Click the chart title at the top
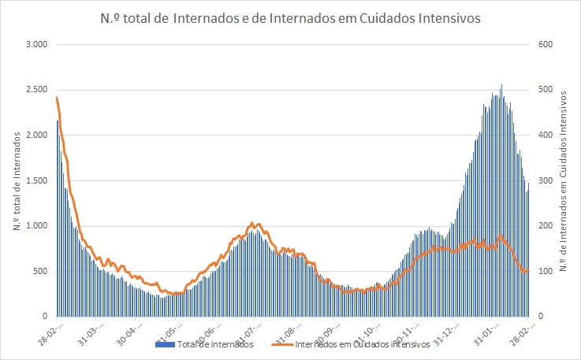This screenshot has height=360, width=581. pyautogui.click(x=289, y=20)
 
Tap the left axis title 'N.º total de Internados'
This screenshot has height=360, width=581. pyautogui.click(x=17, y=180)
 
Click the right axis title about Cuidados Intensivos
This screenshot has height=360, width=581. pyautogui.click(x=563, y=180)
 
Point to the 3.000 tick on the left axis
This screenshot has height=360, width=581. pyautogui.click(x=37, y=44)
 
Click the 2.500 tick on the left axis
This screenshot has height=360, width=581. pyautogui.click(x=37, y=90)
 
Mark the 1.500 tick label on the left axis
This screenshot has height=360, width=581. pyautogui.click(x=37, y=180)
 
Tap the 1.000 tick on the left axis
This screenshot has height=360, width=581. pyautogui.click(x=37, y=226)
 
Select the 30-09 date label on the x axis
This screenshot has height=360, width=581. pyautogui.click(x=352, y=328)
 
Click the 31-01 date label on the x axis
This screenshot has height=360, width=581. pyautogui.click(x=497, y=328)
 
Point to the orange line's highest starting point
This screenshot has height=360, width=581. pyautogui.click(x=57, y=98)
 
